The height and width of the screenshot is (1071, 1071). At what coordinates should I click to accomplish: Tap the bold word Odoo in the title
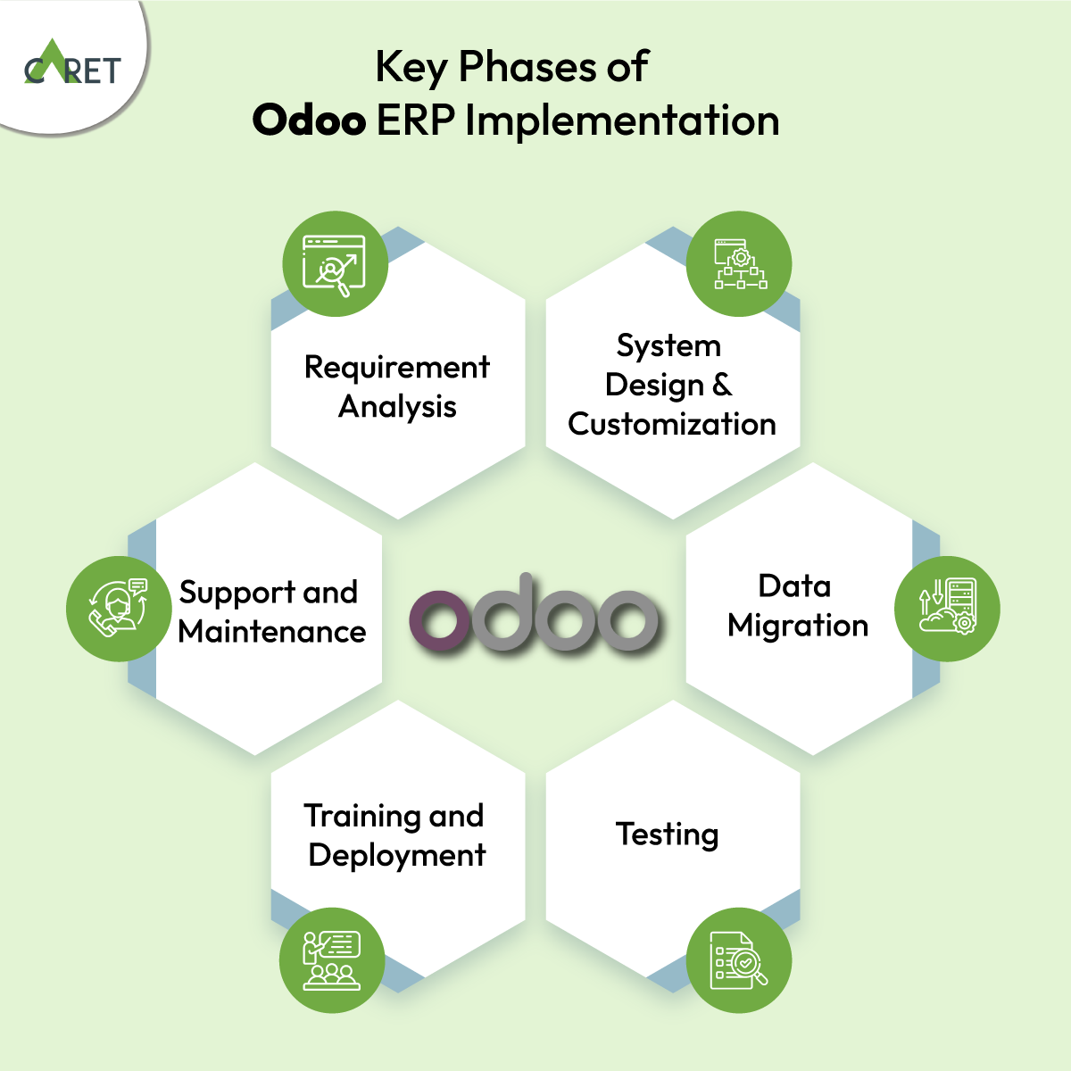pos(309,120)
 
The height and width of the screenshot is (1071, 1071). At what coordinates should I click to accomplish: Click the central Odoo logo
pos(535,613)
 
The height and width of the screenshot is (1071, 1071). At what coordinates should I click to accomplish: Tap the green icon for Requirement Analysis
pos(335,263)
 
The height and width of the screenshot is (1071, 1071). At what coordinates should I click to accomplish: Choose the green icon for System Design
pos(739,263)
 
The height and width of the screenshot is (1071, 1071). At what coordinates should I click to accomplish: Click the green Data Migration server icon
pos(947,609)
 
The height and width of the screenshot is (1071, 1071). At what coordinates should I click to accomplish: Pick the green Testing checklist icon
pos(739,960)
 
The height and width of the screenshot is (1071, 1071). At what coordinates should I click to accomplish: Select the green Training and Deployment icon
pos(332,960)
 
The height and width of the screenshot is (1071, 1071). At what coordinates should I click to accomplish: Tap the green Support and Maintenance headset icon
pos(119,609)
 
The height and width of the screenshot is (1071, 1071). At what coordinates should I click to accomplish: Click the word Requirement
pos(396,367)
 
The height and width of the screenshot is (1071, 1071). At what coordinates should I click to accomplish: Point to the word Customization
pos(672,424)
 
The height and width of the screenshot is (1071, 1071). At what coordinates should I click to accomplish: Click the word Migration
pos(798,626)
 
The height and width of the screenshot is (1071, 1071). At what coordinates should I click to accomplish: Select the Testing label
pos(667,834)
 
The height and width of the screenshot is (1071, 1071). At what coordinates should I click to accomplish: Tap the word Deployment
pos(397,855)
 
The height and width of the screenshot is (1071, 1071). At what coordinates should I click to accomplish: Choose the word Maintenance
pos(272,632)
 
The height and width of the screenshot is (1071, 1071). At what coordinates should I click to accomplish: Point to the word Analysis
pos(397,407)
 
